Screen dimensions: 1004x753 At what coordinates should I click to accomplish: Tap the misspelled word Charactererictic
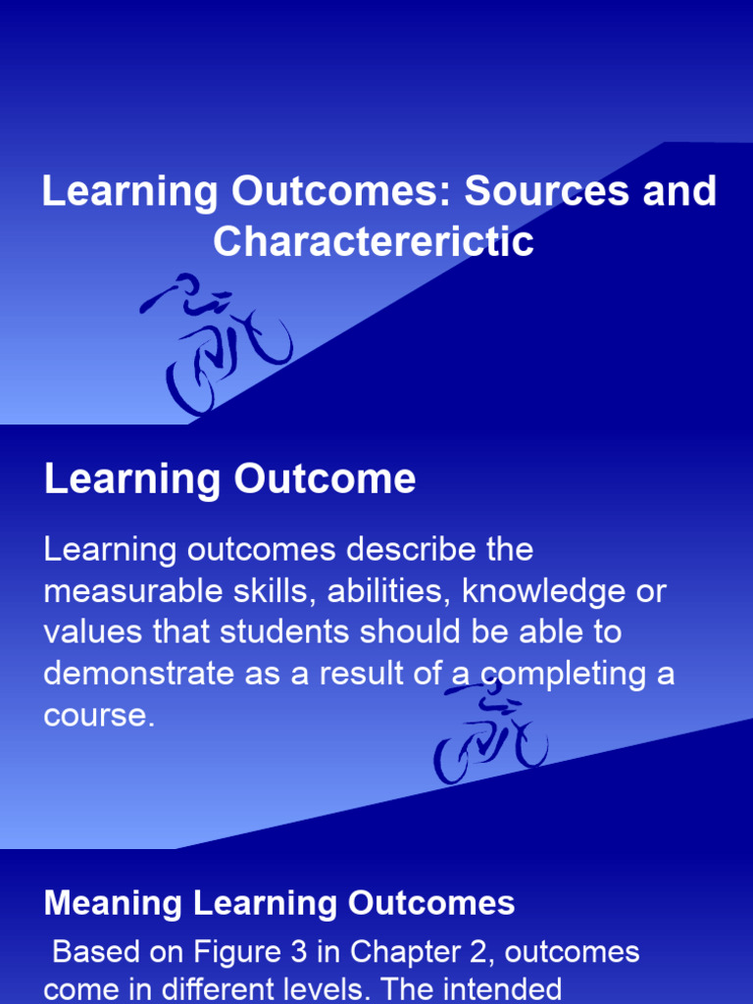point(374,241)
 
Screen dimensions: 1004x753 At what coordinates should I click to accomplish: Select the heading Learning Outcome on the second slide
point(230,479)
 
